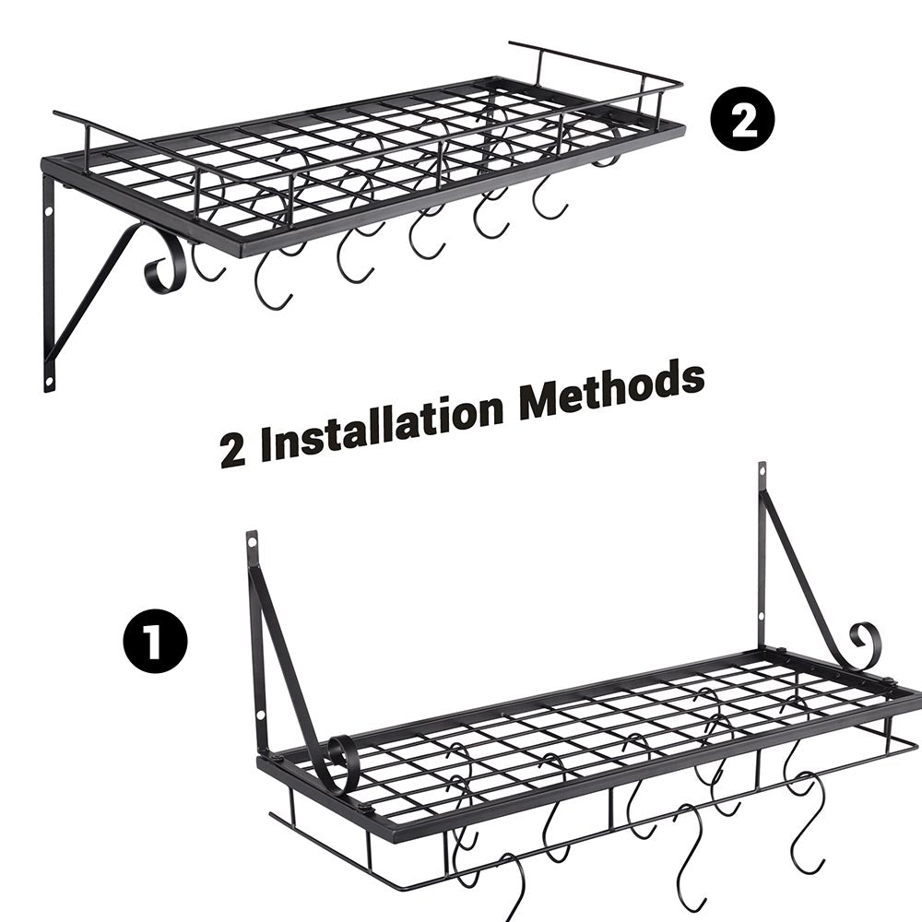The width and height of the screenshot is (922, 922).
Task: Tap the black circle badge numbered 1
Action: tap(155, 641)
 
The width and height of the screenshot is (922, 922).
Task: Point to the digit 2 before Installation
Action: tap(233, 452)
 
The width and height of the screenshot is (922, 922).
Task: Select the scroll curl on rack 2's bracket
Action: tap(166, 267)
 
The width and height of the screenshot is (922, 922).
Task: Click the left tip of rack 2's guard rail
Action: tap(54, 112)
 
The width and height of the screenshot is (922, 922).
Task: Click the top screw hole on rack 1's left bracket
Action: tap(253, 539)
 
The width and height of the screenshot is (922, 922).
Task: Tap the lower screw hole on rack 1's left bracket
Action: tap(261, 716)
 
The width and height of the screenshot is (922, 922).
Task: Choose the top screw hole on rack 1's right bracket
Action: tap(762, 471)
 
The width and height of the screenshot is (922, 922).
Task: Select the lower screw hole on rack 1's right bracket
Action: tap(762, 616)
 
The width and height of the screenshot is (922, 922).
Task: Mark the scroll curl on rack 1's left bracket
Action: tap(342, 762)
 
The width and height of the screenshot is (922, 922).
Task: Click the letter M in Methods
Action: tap(539, 403)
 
